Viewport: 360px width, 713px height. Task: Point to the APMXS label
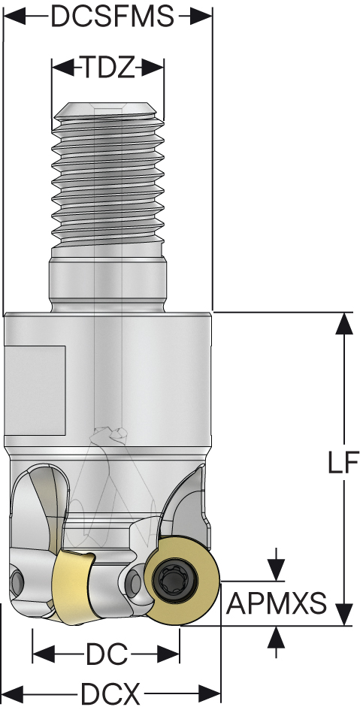[x=277, y=603]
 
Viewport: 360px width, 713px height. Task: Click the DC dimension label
[x=106, y=654]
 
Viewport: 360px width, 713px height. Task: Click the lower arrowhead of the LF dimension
[x=344, y=615]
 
